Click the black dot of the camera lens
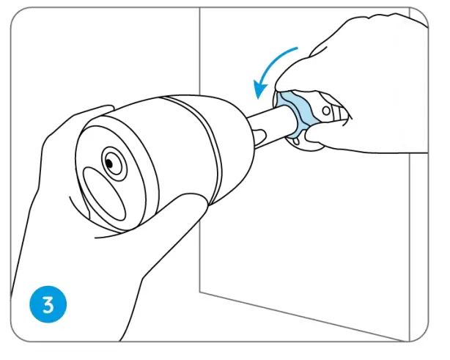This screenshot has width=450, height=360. [112, 159]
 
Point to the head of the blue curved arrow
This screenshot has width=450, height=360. [259, 92]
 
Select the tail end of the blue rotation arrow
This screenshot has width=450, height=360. [297, 49]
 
